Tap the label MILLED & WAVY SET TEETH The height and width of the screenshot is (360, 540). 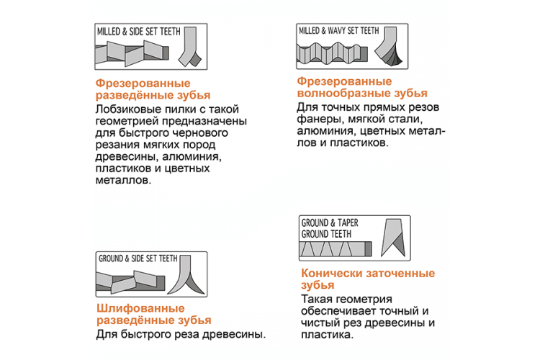(x=338, y=32)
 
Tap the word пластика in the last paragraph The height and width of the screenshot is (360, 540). (x=325, y=335)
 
